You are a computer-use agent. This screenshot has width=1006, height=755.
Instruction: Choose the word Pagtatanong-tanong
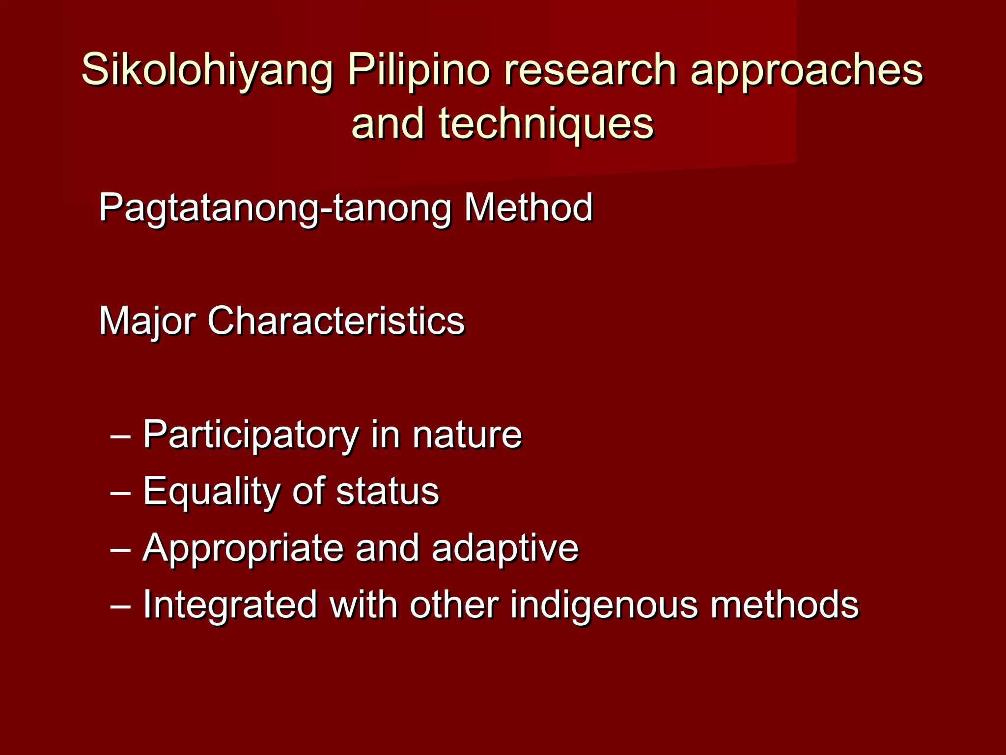click(275, 208)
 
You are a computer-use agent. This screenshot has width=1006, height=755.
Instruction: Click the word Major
click(147, 321)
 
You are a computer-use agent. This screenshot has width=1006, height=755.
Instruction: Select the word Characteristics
click(336, 320)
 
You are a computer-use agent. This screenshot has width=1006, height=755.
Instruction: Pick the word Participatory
click(251, 436)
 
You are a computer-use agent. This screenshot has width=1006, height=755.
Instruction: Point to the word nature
click(467, 435)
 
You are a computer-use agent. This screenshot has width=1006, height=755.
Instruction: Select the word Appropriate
click(243, 549)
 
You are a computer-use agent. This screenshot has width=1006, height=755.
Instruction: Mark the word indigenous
click(604, 605)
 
